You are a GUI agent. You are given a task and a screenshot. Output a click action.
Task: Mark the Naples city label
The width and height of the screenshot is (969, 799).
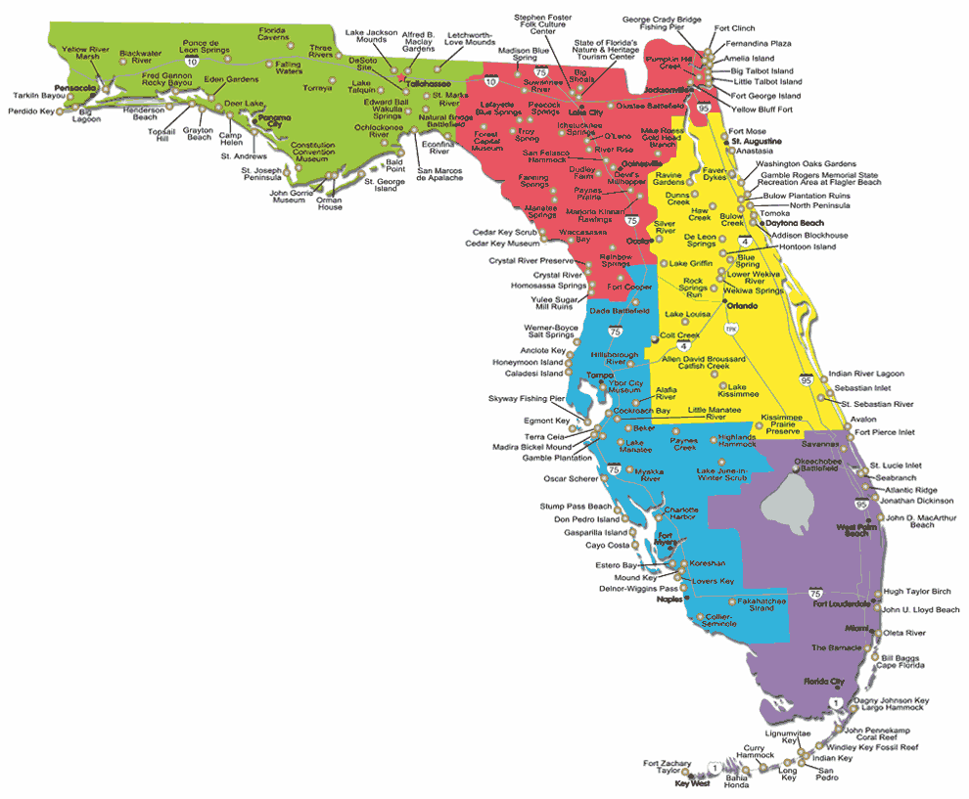pyautogui.click(x=669, y=599)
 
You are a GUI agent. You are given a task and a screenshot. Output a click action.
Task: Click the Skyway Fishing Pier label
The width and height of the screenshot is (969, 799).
pyautogui.click(x=527, y=399)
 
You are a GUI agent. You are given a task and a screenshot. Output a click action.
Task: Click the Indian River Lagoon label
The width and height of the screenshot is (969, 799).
pyautogui.click(x=865, y=374)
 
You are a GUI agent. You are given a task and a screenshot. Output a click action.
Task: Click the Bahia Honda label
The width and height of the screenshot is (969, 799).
pyautogui.click(x=737, y=780)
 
